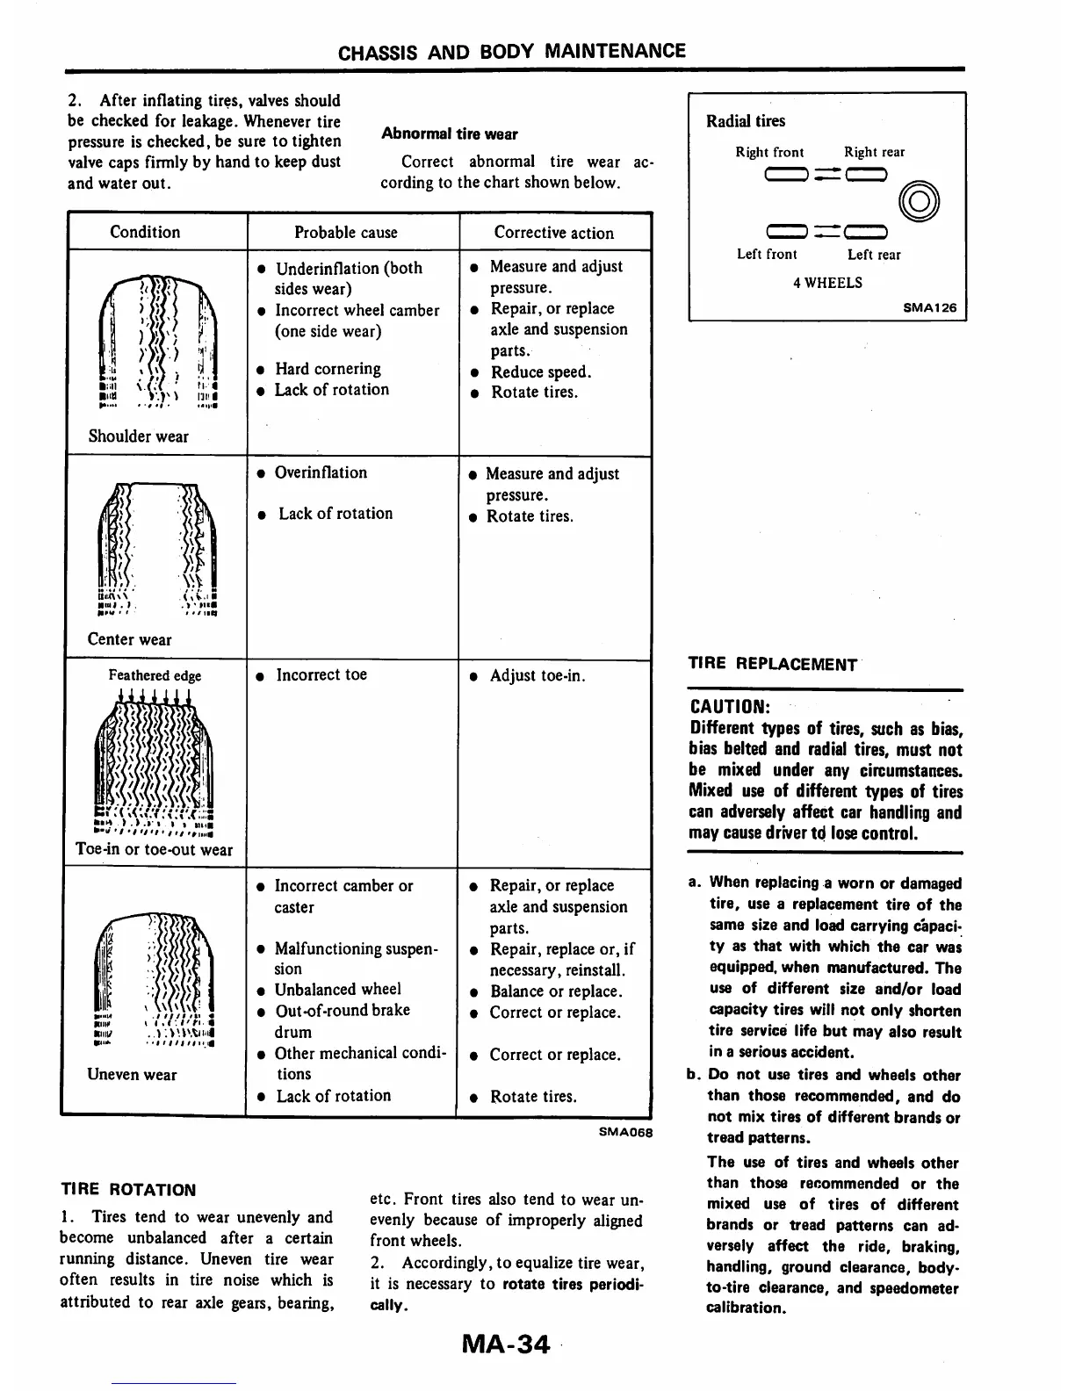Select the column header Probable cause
345,233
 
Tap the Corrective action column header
553,233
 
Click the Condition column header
145,232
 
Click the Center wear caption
129,639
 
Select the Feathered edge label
155,675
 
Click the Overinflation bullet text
321,472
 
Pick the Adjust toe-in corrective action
537,675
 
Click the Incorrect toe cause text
321,674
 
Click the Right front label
769,152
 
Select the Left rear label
874,255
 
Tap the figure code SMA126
929,308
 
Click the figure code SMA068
625,1132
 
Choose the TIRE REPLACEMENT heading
772,664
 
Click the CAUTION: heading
730,706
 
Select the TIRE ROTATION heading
128,1190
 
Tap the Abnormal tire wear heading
449,134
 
